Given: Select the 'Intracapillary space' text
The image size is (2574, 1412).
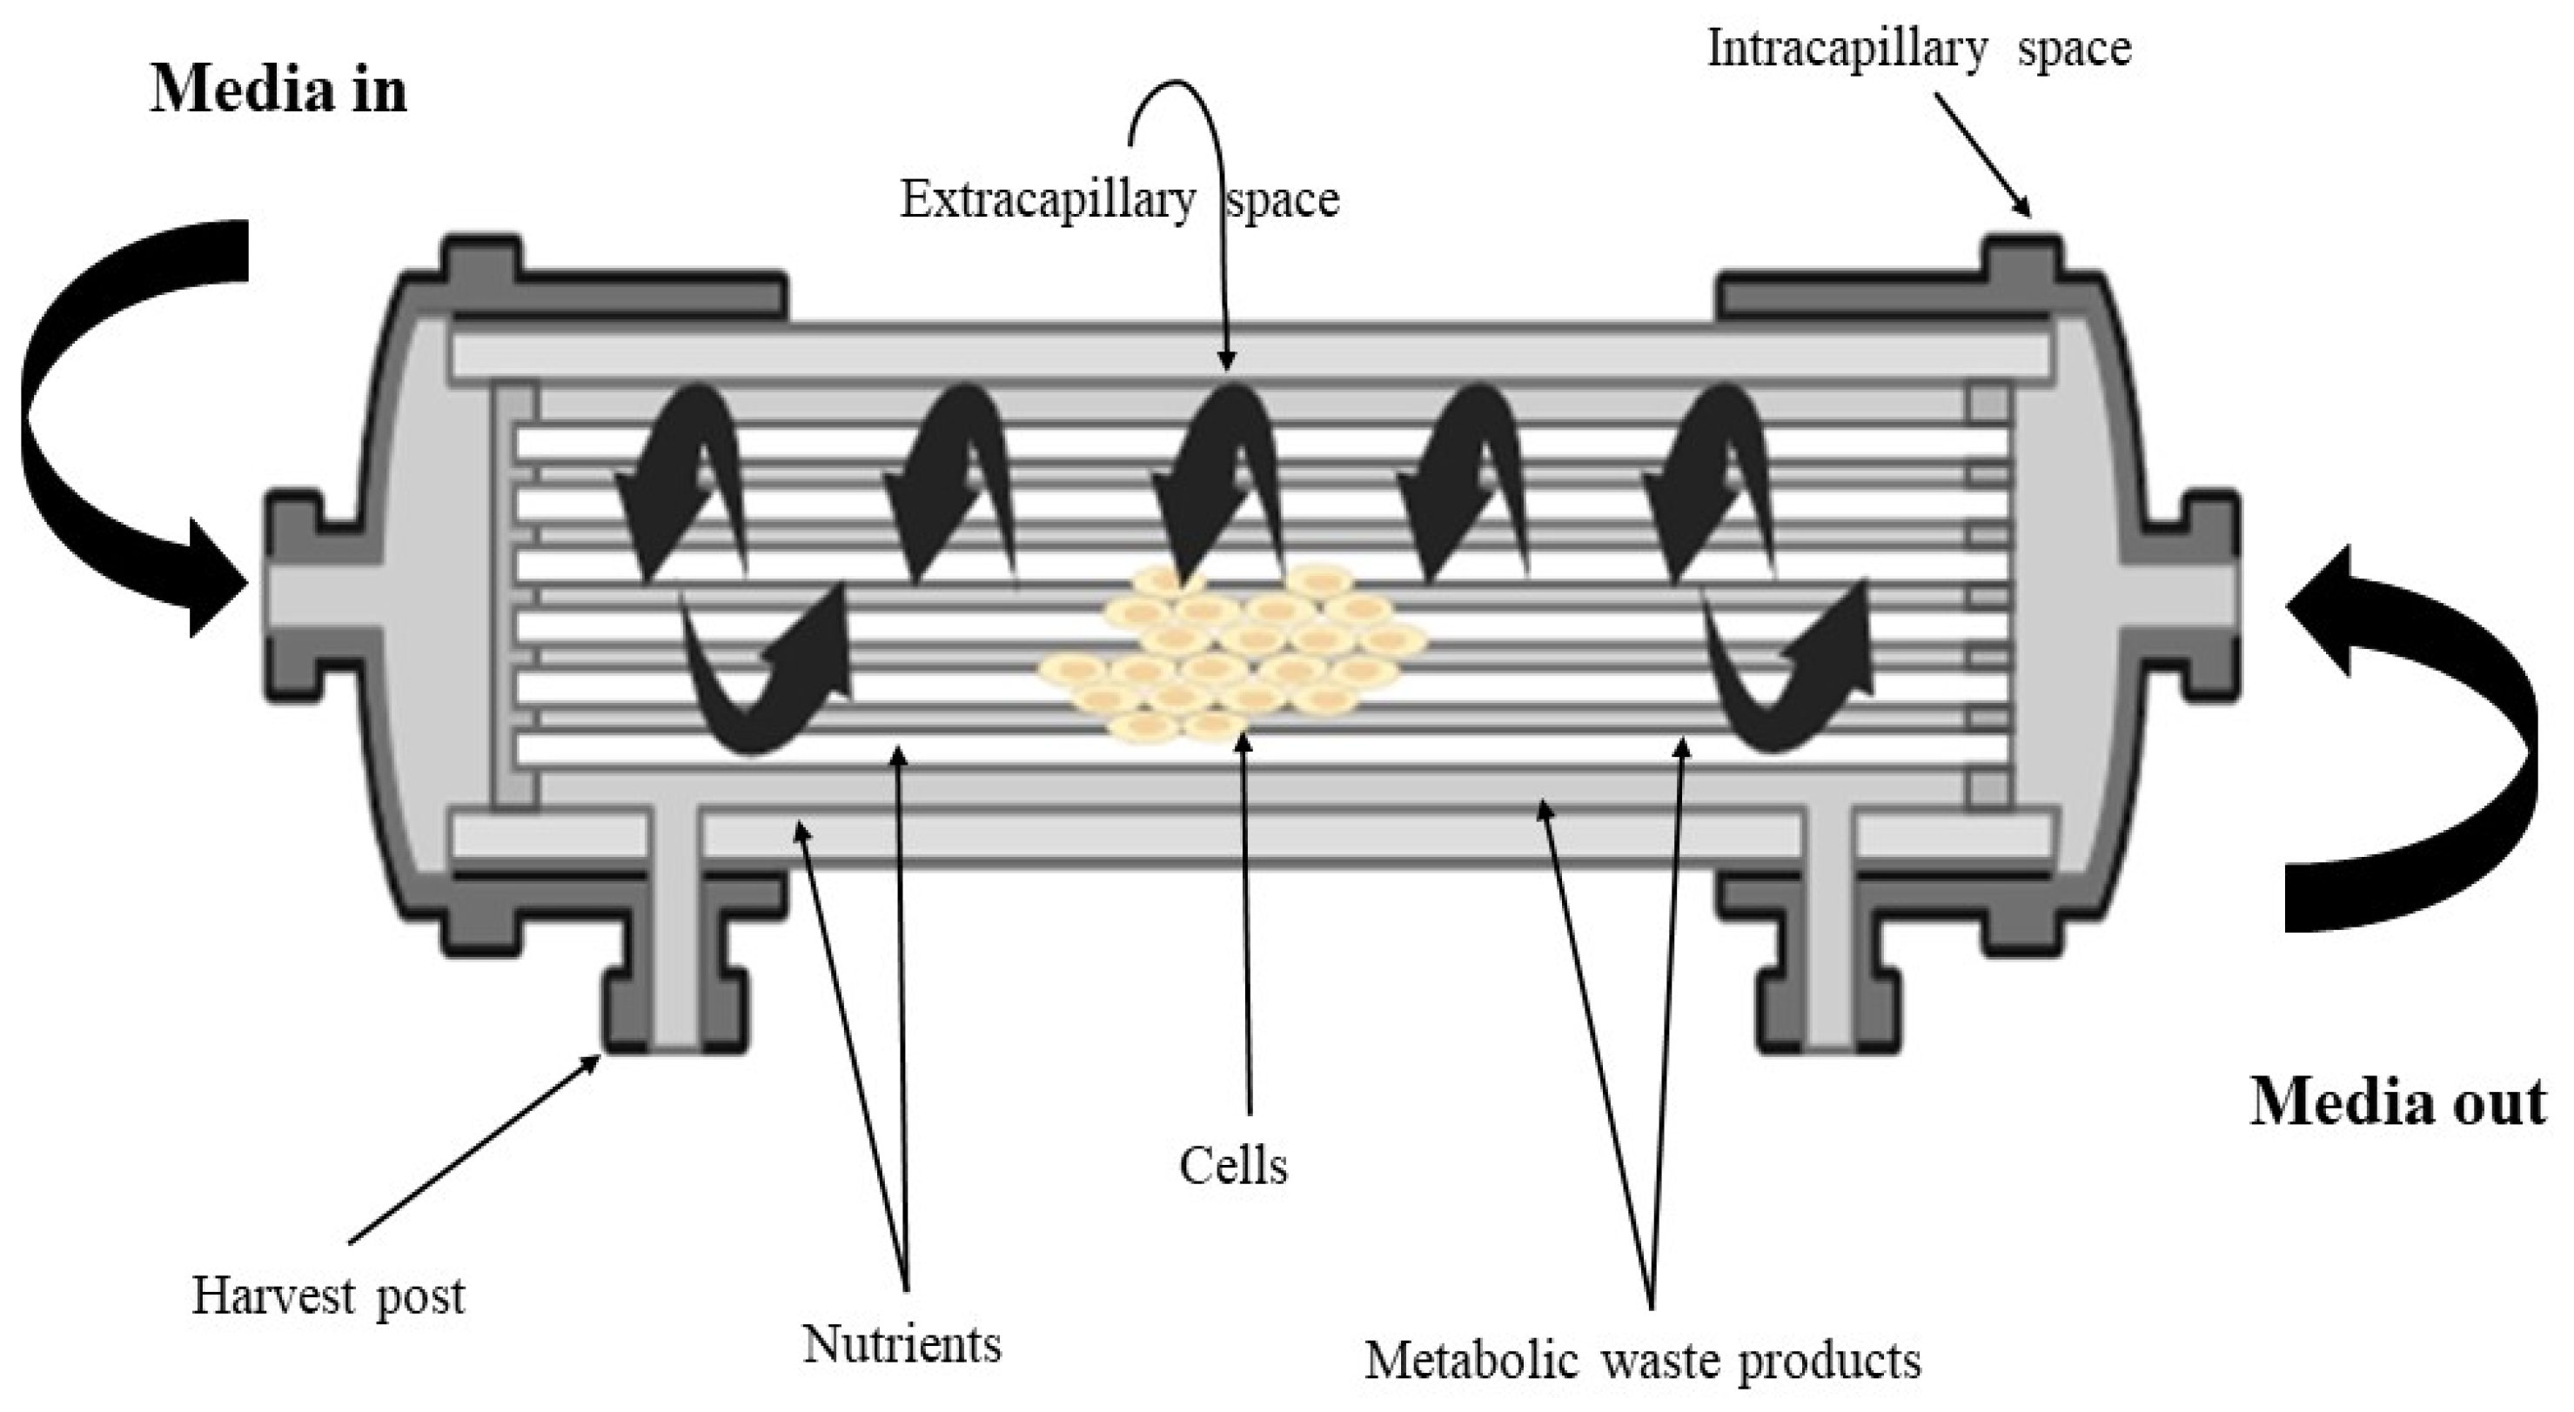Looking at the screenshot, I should pos(1919,49).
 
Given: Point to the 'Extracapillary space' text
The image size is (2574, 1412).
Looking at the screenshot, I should pos(1119,200).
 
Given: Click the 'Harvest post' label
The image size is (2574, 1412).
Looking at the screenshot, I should pos(329,1297).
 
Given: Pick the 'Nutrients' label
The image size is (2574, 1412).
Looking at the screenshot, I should pos(902,1345).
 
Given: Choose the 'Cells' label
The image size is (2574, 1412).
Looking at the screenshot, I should pos(1233,1165).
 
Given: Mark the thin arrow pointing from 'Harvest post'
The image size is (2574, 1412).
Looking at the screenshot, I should pos(474,1149).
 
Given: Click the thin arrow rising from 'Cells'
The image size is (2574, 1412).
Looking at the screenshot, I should pos(1246,920).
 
